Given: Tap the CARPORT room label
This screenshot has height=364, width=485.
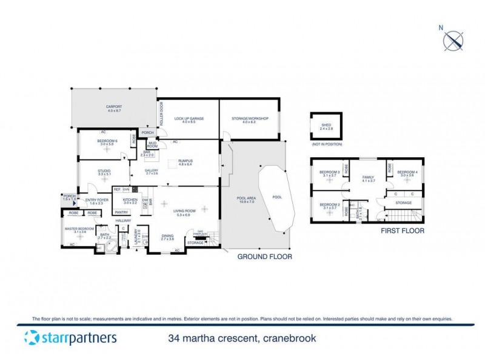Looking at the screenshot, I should click(x=115, y=107).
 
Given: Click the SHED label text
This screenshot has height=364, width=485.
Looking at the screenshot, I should click(x=326, y=126).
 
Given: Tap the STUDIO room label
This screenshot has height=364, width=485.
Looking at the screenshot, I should click(x=104, y=171).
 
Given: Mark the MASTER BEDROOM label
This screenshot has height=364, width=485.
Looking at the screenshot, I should click(x=76, y=229).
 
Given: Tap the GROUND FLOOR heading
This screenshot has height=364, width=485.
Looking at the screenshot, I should click(x=264, y=257).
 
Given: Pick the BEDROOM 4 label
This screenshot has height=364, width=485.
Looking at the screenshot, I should click(x=406, y=172).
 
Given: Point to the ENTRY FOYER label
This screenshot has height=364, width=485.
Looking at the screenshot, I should click(x=96, y=200).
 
